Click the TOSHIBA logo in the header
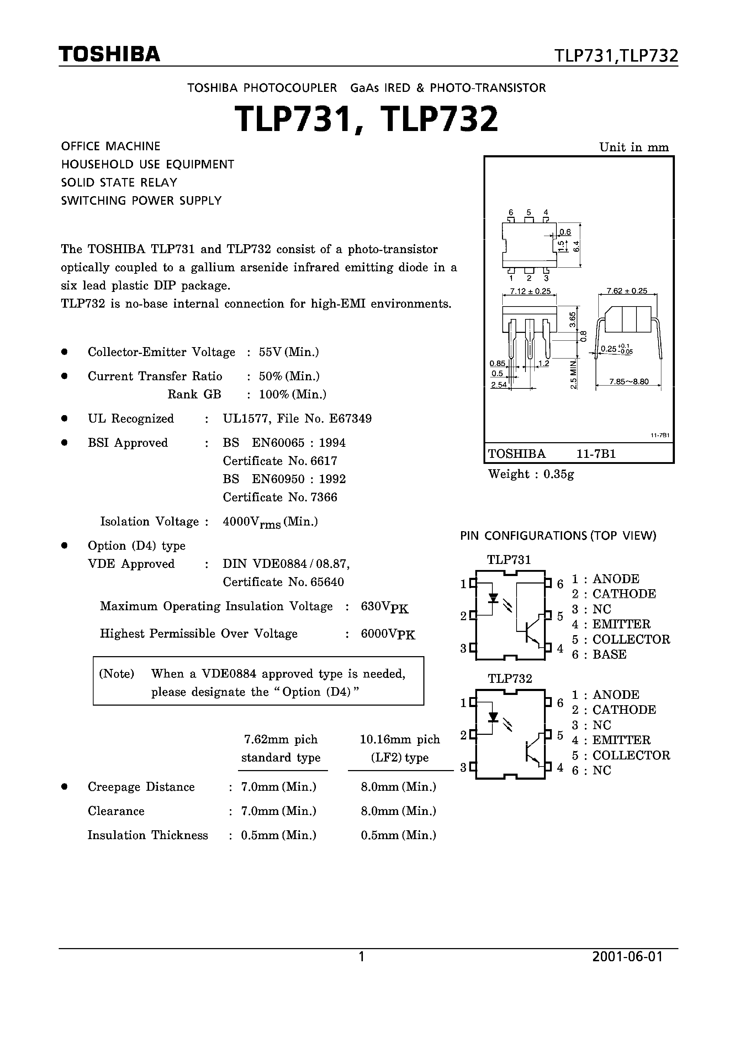[x=109, y=54]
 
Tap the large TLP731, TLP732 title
[x=366, y=120]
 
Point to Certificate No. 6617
[x=280, y=461]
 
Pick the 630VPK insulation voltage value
[x=384, y=607]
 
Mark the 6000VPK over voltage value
[x=387, y=634]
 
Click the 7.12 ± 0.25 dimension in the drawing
[x=530, y=291]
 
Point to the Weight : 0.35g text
[x=531, y=474]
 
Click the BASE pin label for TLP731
[x=609, y=655]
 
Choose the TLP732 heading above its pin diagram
[x=509, y=679]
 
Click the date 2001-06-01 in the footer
[x=627, y=957]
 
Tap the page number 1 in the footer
[x=361, y=957]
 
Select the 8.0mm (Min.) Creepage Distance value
[x=398, y=787]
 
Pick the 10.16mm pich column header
[x=400, y=739]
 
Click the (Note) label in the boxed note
[x=116, y=674]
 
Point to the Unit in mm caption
[x=634, y=147]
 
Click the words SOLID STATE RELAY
[x=119, y=183]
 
